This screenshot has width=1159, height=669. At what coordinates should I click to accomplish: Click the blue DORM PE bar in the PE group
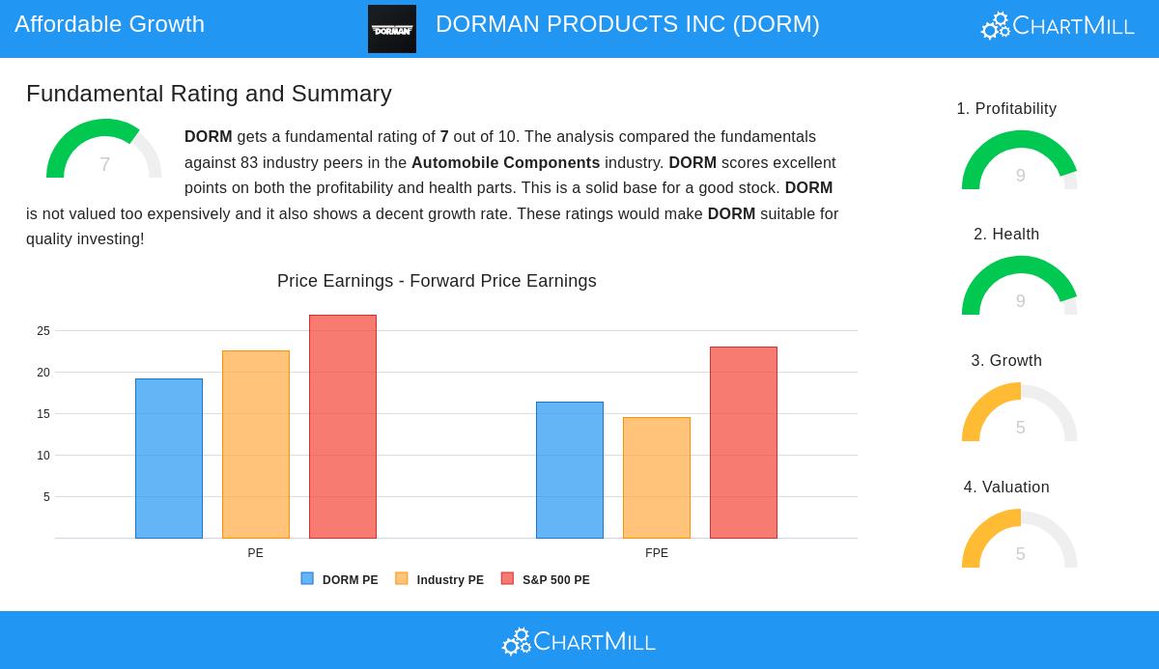click(169, 459)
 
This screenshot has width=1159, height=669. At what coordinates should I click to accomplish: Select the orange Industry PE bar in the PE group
click(256, 444)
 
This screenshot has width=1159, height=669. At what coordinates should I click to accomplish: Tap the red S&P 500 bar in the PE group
click(343, 427)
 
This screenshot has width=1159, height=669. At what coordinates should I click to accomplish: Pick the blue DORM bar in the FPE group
click(570, 470)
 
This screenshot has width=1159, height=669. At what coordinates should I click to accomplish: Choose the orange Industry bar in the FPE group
click(657, 478)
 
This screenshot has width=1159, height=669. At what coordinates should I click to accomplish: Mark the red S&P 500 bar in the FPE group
click(744, 442)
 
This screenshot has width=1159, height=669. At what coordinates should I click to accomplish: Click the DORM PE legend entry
click(340, 580)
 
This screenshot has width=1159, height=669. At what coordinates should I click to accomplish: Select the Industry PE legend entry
click(440, 580)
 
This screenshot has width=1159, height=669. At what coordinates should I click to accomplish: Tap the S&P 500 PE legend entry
click(546, 580)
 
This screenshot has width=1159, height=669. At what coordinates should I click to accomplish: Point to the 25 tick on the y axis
click(43, 331)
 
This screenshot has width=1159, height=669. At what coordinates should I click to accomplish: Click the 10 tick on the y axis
click(43, 456)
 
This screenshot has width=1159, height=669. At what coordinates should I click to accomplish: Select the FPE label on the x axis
click(657, 553)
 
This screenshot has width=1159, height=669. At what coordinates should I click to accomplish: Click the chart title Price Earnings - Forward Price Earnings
click(437, 281)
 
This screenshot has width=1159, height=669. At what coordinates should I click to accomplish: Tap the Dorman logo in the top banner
click(392, 29)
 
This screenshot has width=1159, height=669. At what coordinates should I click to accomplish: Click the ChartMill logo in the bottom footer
click(579, 641)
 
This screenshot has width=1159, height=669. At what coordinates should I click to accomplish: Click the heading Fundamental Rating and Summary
click(209, 94)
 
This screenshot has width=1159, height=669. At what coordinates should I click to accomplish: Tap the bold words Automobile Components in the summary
click(505, 163)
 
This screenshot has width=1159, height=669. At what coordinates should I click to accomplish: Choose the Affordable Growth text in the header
click(109, 24)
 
